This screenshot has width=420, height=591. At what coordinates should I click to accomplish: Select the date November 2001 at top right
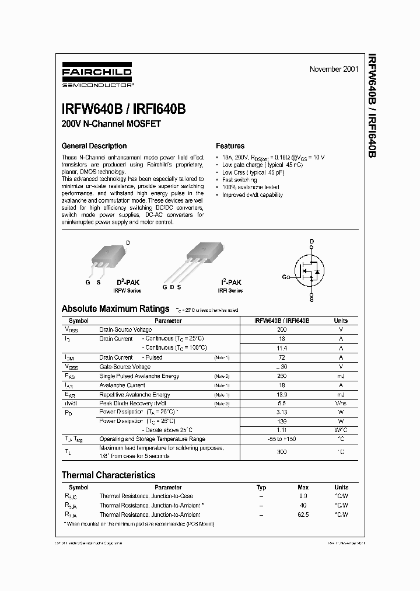point(334,69)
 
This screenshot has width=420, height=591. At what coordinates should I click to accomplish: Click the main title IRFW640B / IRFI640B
point(123,109)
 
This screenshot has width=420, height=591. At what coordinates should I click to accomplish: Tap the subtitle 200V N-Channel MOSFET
point(111,124)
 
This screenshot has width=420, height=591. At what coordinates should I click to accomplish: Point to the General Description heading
point(94,146)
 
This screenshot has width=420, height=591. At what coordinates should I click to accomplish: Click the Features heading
point(230,146)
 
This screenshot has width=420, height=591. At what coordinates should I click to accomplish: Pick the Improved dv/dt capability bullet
point(252,195)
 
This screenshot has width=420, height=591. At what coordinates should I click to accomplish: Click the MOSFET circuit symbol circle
point(311,269)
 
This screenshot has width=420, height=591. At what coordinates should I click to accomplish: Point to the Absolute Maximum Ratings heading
point(116,309)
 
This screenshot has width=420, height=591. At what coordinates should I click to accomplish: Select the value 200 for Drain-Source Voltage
point(282,330)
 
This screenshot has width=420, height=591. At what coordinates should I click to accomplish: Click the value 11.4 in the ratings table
point(282,348)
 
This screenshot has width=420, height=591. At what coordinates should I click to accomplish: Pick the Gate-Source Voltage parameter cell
point(125,367)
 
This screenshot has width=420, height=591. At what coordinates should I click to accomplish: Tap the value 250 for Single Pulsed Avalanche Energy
point(282,376)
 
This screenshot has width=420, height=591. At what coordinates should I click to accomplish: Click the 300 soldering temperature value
point(282,452)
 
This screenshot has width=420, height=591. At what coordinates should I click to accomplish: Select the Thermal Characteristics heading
point(108,475)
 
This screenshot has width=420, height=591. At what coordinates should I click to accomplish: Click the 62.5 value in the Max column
point(303,515)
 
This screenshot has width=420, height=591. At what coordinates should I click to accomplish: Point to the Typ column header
point(261,487)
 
